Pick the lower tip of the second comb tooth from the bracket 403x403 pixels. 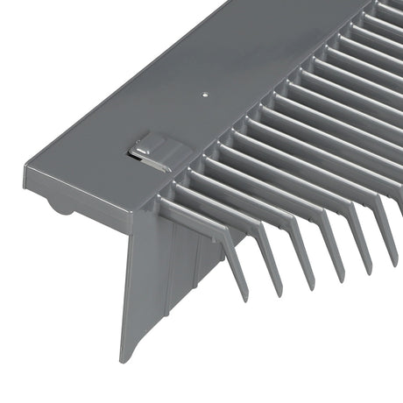coord(278,290)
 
